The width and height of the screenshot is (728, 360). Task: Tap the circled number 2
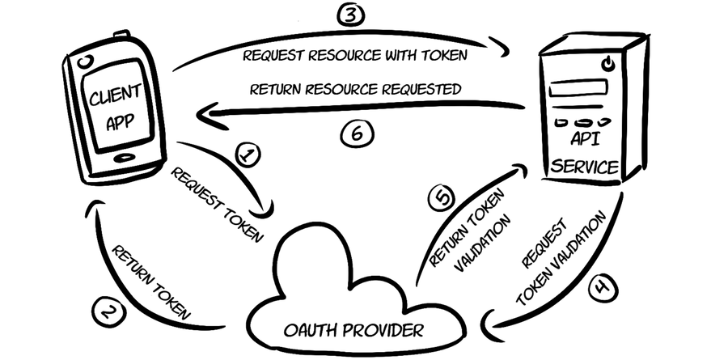(109, 311)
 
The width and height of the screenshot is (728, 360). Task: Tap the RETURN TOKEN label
(151, 280)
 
